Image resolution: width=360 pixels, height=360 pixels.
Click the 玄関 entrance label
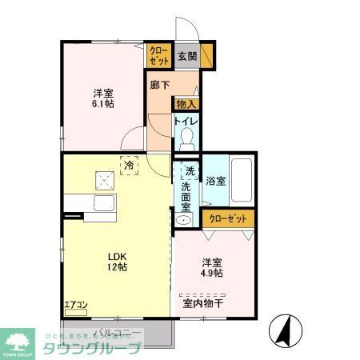(187, 55)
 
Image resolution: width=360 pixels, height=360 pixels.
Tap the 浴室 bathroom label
(215, 181)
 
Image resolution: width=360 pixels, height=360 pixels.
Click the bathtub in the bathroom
(242, 180)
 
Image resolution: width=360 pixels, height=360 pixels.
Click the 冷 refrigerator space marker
(129, 166)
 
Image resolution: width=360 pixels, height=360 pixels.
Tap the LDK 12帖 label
(118, 262)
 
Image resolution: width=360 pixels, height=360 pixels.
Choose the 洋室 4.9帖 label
(211, 267)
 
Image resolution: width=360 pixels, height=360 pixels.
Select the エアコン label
(77, 304)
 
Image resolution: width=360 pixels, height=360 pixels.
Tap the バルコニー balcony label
(120, 331)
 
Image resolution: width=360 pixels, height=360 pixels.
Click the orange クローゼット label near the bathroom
(229, 218)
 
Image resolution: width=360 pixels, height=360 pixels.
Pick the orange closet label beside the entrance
(158, 55)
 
